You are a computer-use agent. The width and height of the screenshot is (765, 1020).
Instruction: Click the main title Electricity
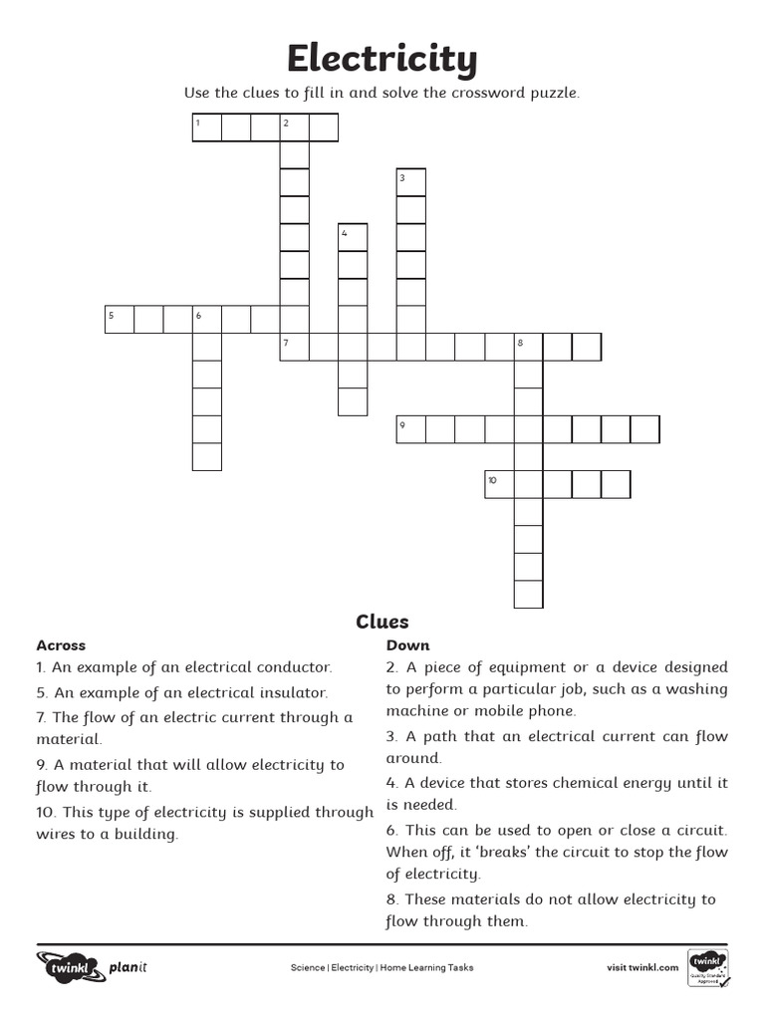click(x=382, y=60)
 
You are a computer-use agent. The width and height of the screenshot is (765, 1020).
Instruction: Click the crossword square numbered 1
click(x=206, y=127)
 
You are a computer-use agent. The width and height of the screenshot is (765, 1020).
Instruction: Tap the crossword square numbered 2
click(x=294, y=127)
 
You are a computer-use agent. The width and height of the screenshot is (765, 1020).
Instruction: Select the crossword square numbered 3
click(x=410, y=182)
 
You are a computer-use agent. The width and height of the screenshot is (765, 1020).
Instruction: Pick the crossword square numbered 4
click(x=353, y=237)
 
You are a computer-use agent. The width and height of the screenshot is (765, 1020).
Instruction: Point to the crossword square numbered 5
click(x=120, y=319)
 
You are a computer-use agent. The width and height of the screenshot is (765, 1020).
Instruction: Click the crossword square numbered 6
click(x=206, y=319)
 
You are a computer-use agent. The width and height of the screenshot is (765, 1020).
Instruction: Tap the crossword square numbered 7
click(x=294, y=347)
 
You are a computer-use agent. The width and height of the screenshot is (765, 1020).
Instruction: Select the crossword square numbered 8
click(x=528, y=347)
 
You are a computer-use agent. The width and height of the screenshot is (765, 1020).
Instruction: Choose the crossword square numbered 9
click(x=410, y=429)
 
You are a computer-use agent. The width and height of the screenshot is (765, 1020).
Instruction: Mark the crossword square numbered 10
click(x=498, y=484)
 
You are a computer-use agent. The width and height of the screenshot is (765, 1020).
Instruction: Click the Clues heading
click(x=382, y=622)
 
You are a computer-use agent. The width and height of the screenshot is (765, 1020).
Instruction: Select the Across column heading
click(x=61, y=645)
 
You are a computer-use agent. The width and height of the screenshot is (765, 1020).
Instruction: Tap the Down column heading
click(x=407, y=645)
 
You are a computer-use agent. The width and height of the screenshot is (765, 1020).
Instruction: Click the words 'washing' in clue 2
click(x=699, y=689)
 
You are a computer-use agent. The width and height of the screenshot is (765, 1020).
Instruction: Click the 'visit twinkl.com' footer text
click(x=642, y=967)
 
